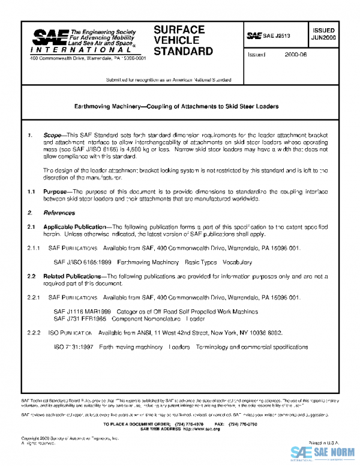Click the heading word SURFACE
(179, 29)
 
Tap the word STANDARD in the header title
(183, 51)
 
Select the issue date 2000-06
(296, 54)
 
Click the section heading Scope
(52, 136)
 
